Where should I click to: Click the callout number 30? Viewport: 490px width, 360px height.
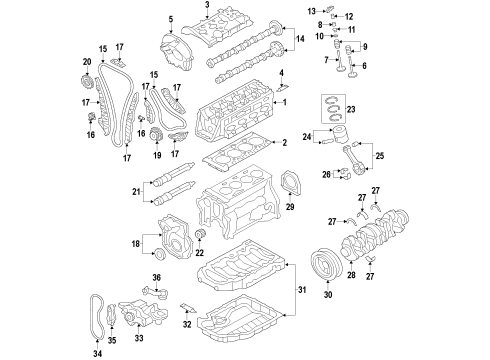pos(328,294)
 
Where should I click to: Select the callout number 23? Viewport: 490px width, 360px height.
pos(351,109)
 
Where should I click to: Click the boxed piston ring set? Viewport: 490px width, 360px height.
pos(333,109)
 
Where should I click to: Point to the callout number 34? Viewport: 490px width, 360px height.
pos(97,353)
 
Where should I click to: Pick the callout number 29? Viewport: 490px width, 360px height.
pos(290,207)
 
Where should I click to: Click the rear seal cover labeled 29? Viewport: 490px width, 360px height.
pos(291,184)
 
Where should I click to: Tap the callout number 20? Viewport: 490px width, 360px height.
pos(87,62)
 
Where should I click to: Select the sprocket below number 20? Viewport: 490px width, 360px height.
pos(87,83)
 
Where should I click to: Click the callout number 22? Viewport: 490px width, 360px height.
pos(199,253)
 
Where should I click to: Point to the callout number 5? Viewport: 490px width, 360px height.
pos(171,19)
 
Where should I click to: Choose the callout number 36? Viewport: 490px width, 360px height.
pos(157,277)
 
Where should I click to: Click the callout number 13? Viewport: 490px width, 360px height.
pos(311,12)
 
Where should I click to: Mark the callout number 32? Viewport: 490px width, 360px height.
pos(187,324)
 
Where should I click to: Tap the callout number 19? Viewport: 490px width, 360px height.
pos(157,155)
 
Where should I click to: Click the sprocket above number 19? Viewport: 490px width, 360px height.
pos(156,134)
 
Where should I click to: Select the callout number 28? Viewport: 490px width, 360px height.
pos(351,274)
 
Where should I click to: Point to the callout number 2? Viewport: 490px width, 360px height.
pos(284,143)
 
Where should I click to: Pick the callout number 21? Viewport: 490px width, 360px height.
pos(136,192)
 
